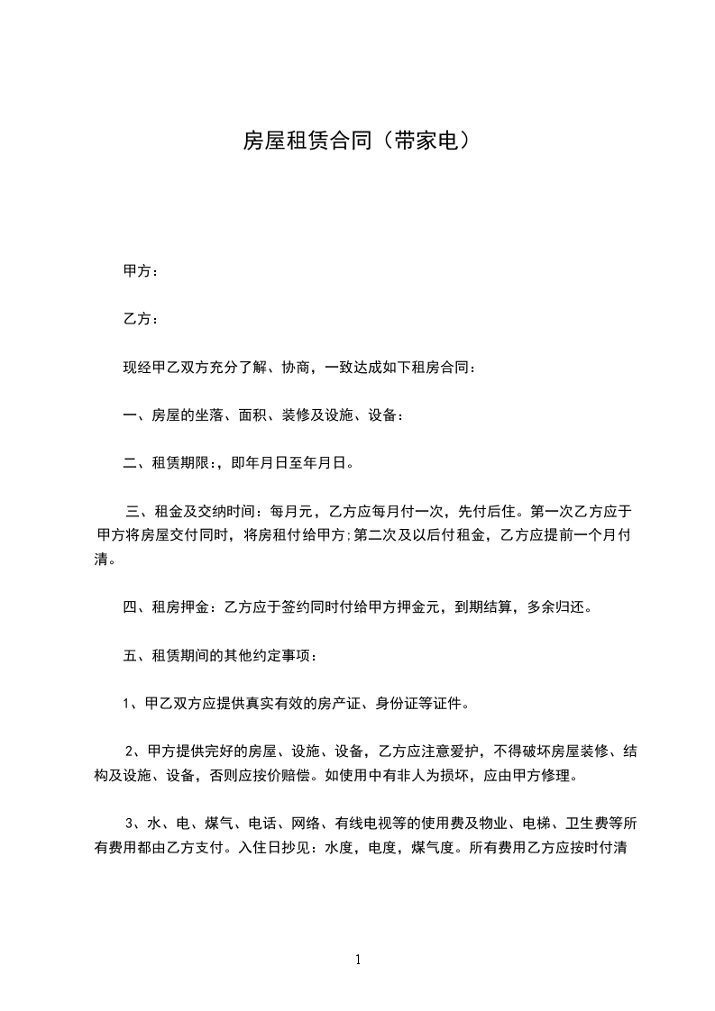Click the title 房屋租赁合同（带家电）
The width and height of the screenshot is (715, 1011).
point(357,141)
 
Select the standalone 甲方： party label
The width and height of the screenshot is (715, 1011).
point(141,270)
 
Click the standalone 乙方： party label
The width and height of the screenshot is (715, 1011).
point(141,319)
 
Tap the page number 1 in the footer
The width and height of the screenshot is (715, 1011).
point(358,960)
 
